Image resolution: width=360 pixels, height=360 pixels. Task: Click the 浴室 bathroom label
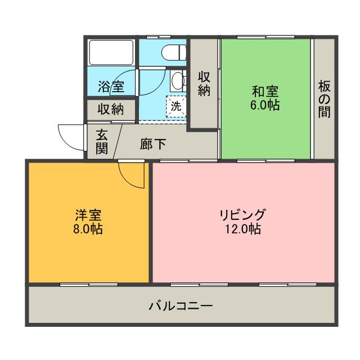111,87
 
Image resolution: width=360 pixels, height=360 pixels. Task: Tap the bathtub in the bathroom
111,54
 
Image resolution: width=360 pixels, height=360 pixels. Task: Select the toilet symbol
174,52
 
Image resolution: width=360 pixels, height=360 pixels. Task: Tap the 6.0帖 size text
265,105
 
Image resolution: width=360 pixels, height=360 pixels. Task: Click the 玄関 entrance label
101,141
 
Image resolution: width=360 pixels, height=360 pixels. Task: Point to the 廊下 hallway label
152,145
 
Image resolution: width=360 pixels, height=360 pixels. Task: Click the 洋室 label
88,215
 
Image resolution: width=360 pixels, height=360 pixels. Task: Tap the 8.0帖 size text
88,229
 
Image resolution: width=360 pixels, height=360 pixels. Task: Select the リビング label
242,215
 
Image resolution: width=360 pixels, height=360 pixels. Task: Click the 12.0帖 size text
242,229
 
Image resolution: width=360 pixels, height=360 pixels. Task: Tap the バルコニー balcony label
181,307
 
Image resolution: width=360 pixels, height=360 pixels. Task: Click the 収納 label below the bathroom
110,109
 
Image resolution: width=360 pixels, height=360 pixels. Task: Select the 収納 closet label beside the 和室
204,83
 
